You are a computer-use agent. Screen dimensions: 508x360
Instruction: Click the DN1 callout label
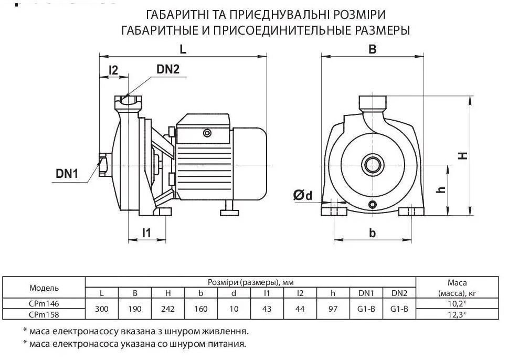pyautogui.click(x=67, y=174)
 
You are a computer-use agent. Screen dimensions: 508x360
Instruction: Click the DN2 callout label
pyautogui.click(x=168, y=69)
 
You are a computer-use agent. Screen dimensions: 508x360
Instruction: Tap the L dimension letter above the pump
pyautogui.click(x=183, y=49)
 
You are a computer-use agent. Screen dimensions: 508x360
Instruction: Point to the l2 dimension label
pyautogui.click(x=113, y=70)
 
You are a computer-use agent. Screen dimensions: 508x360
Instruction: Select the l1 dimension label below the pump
pyautogui.click(x=147, y=232)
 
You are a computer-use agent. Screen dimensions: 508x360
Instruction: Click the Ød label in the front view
pyautogui.click(x=303, y=195)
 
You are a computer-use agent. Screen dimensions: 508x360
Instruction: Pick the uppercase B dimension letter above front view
pyautogui.click(x=373, y=49)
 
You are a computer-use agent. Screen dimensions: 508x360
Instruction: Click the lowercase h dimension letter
pyautogui.click(x=441, y=190)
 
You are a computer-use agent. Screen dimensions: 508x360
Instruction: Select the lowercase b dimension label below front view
pyautogui.click(x=373, y=232)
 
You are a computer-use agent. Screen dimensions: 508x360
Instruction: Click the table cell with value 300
pyautogui.click(x=102, y=309)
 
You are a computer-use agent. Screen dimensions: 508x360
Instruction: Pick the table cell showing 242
pyautogui.click(x=168, y=309)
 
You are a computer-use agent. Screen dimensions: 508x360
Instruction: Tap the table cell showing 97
pyautogui.click(x=333, y=309)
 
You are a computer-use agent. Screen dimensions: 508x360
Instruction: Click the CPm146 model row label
pyautogui.click(x=44, y=304)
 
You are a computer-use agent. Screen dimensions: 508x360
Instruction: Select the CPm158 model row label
pyautogui.click(x=44, y=314)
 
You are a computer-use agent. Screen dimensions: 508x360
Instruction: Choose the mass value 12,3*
pyautogui.click(x=457, y=314)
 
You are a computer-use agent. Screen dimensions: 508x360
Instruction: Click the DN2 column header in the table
pyautogui.click(x=399, y=293)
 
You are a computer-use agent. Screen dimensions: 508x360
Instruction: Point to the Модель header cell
pyautogui.click(x=44, y=288)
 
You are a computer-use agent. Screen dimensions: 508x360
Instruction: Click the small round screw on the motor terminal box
pyautogui.click(x=206, y=133)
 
